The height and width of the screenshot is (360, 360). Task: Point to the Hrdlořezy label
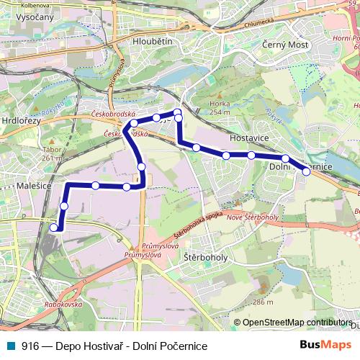tap(22, 122)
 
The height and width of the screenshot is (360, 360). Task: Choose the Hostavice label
tap(248, 135)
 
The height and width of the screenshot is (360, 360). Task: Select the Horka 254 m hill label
tap(219, 108)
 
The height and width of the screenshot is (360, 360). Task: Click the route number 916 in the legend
tap(30, 346)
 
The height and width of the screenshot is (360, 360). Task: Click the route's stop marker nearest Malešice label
tap(64, 206)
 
